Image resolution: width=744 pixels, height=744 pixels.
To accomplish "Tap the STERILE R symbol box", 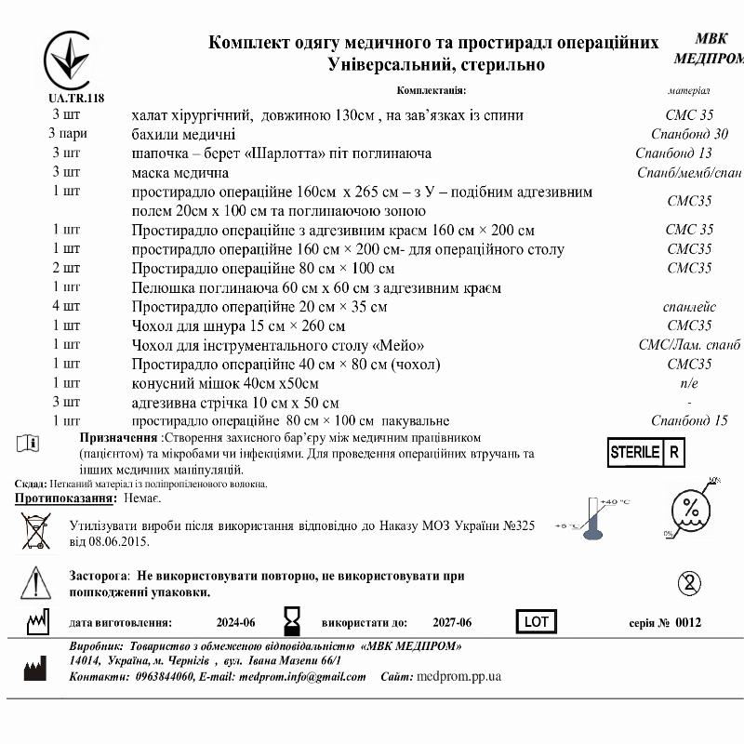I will (x=646, y=453).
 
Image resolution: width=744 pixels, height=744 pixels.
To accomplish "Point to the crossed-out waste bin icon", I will (x=35, y=531).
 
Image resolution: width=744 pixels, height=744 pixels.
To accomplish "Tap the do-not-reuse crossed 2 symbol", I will (x=687, y=583).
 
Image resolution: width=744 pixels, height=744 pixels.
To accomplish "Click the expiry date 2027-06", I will (x=452, y=622).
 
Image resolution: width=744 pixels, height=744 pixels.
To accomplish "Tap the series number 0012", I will (x=688, y=622).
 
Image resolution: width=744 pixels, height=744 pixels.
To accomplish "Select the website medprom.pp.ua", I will (x=459, y=676).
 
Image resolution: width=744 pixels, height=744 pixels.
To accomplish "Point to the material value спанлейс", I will (x=689, y=306).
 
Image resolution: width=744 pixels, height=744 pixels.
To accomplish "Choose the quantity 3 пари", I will (x=67, y=134).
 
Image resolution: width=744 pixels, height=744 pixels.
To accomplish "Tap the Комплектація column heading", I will (x=431, y=90).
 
